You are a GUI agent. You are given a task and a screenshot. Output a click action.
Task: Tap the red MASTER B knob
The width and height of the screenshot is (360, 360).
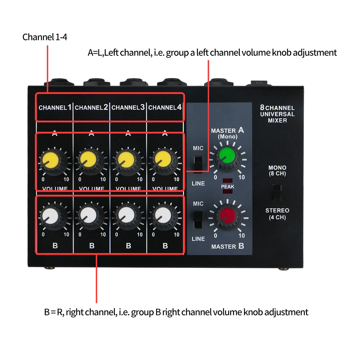point(228,216)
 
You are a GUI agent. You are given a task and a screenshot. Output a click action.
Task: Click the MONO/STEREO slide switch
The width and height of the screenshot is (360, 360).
point(276,192)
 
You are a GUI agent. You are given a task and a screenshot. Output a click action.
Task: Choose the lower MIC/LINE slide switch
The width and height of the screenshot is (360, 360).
point(197,220)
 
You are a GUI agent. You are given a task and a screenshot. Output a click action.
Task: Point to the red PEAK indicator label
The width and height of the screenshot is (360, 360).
point(228,186)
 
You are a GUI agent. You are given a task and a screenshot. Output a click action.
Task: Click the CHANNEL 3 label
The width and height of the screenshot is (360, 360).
point(128,107)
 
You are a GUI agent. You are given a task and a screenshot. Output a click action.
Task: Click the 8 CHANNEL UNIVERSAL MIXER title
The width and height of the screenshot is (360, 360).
point(277,114)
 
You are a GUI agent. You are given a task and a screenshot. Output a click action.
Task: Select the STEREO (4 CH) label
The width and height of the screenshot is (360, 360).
point(277,214)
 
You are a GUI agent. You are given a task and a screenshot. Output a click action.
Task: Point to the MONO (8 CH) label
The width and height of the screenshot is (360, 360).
point(277,170)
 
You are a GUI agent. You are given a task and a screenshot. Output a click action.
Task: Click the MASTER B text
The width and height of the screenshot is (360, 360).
point(228,247)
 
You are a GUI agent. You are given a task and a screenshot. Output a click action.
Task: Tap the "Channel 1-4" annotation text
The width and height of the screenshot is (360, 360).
point(45,37)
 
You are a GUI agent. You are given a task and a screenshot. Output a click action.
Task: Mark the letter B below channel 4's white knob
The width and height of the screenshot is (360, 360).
point(165,246)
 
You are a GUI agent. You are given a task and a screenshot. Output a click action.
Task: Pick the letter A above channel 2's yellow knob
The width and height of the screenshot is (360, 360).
point(91,134)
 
